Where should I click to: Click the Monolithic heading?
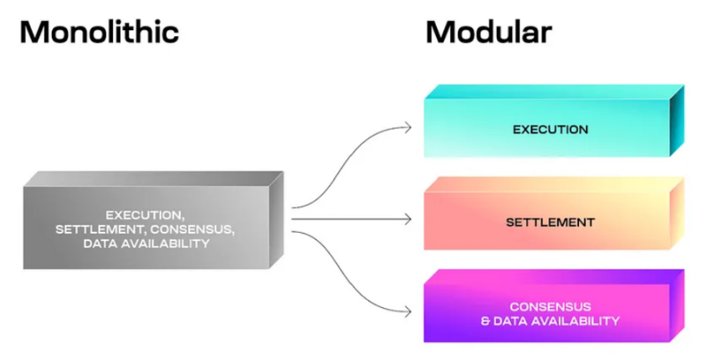point(99,33)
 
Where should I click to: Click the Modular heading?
point(489,33)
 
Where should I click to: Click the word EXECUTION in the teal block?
point(550,130)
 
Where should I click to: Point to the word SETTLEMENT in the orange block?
point(550,223)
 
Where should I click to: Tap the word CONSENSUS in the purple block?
point(550,306)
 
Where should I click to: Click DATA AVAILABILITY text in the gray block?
point(146,244)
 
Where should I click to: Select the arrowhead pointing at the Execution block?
point(408,127)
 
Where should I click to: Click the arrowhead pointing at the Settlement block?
point(408,219)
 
